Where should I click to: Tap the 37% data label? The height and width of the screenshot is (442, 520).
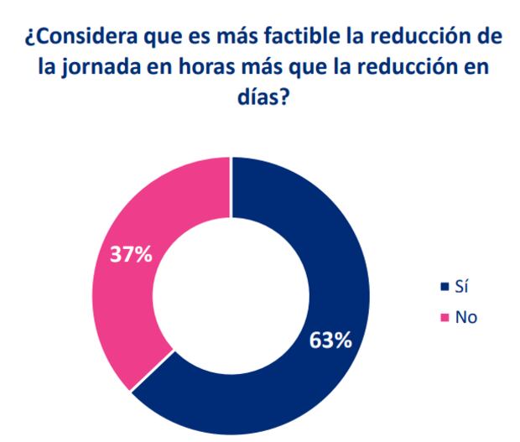coord(131,254)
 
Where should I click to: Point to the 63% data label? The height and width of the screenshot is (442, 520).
coord(330,341)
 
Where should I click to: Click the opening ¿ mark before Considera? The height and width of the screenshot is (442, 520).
coord(31,39)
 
